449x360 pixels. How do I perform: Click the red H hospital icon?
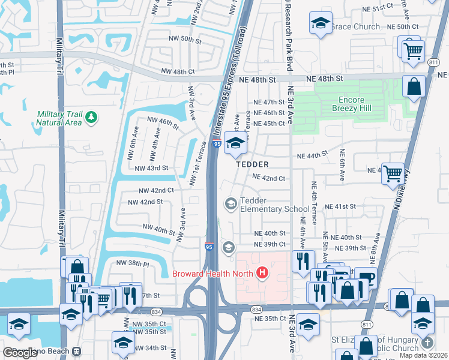tap(262, 274)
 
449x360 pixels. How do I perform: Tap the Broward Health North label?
tap(213, 274)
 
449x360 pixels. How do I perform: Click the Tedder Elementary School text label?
tap(274, 205)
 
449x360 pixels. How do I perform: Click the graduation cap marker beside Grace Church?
tap(321, 24)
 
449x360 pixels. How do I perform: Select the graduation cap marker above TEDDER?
tap(236, 145)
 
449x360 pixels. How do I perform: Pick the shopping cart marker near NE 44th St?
tap(393, 173)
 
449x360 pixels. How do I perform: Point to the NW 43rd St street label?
tap(151, 169)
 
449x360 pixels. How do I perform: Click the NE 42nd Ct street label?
tap(268, 178)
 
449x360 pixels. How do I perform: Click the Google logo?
tap(20, 353)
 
